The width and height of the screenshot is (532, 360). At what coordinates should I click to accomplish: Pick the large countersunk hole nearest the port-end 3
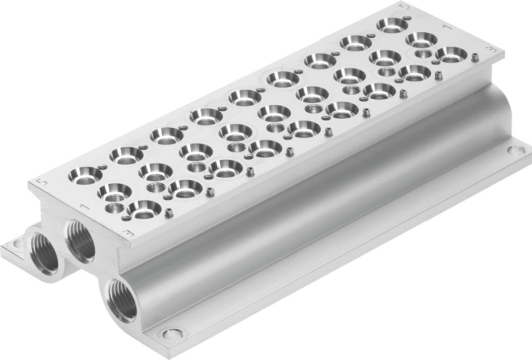pos(144,207)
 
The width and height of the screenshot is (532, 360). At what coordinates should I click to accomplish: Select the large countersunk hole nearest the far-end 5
pos(392,24)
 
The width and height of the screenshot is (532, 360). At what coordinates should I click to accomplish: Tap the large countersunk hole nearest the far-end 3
pos(451,53)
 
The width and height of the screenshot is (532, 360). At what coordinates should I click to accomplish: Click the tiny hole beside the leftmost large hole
pos(103,167)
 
